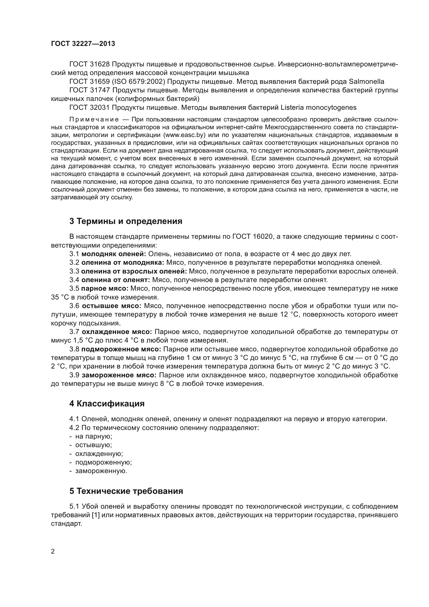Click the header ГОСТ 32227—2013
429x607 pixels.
83,44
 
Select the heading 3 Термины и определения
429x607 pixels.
126,221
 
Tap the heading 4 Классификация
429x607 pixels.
107,404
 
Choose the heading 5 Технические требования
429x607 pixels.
126,491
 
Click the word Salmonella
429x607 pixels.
366,81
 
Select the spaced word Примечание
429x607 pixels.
94,119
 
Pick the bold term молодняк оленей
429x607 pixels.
114,254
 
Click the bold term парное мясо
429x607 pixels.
105,289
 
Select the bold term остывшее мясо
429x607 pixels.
112,306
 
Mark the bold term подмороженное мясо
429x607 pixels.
121,349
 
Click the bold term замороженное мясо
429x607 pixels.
119,375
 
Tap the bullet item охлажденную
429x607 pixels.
99,454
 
